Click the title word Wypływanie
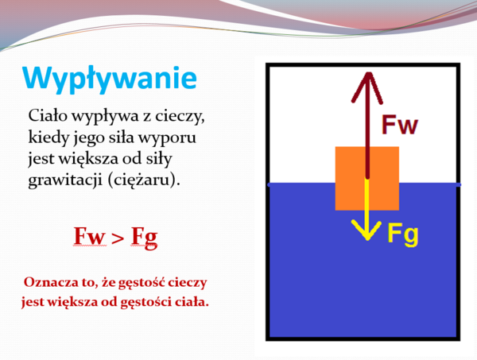coord(110,78)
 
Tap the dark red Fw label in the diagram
coord(399,126)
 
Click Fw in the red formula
coord(89,237)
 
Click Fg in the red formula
coord(143,237)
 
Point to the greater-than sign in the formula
coord(117,238)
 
